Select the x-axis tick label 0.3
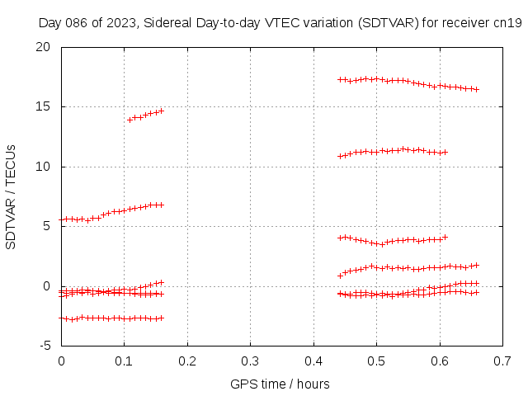click(x=250, y=361)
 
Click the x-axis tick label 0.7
click(x=502, y=361)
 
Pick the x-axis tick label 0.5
click(x=376, y=361)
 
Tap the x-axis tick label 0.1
click(x=124, y=361)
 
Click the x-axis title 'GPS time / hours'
click(x=280, y=384)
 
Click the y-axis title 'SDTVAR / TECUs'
click(x=11, y=196)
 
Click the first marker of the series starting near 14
click(x=130, y=120)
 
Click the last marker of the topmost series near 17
click(x=477, y=89)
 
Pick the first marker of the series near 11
click(x=340, y=156)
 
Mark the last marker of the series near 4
click(x=445, y=238)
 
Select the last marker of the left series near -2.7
click(x=162, y=318)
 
